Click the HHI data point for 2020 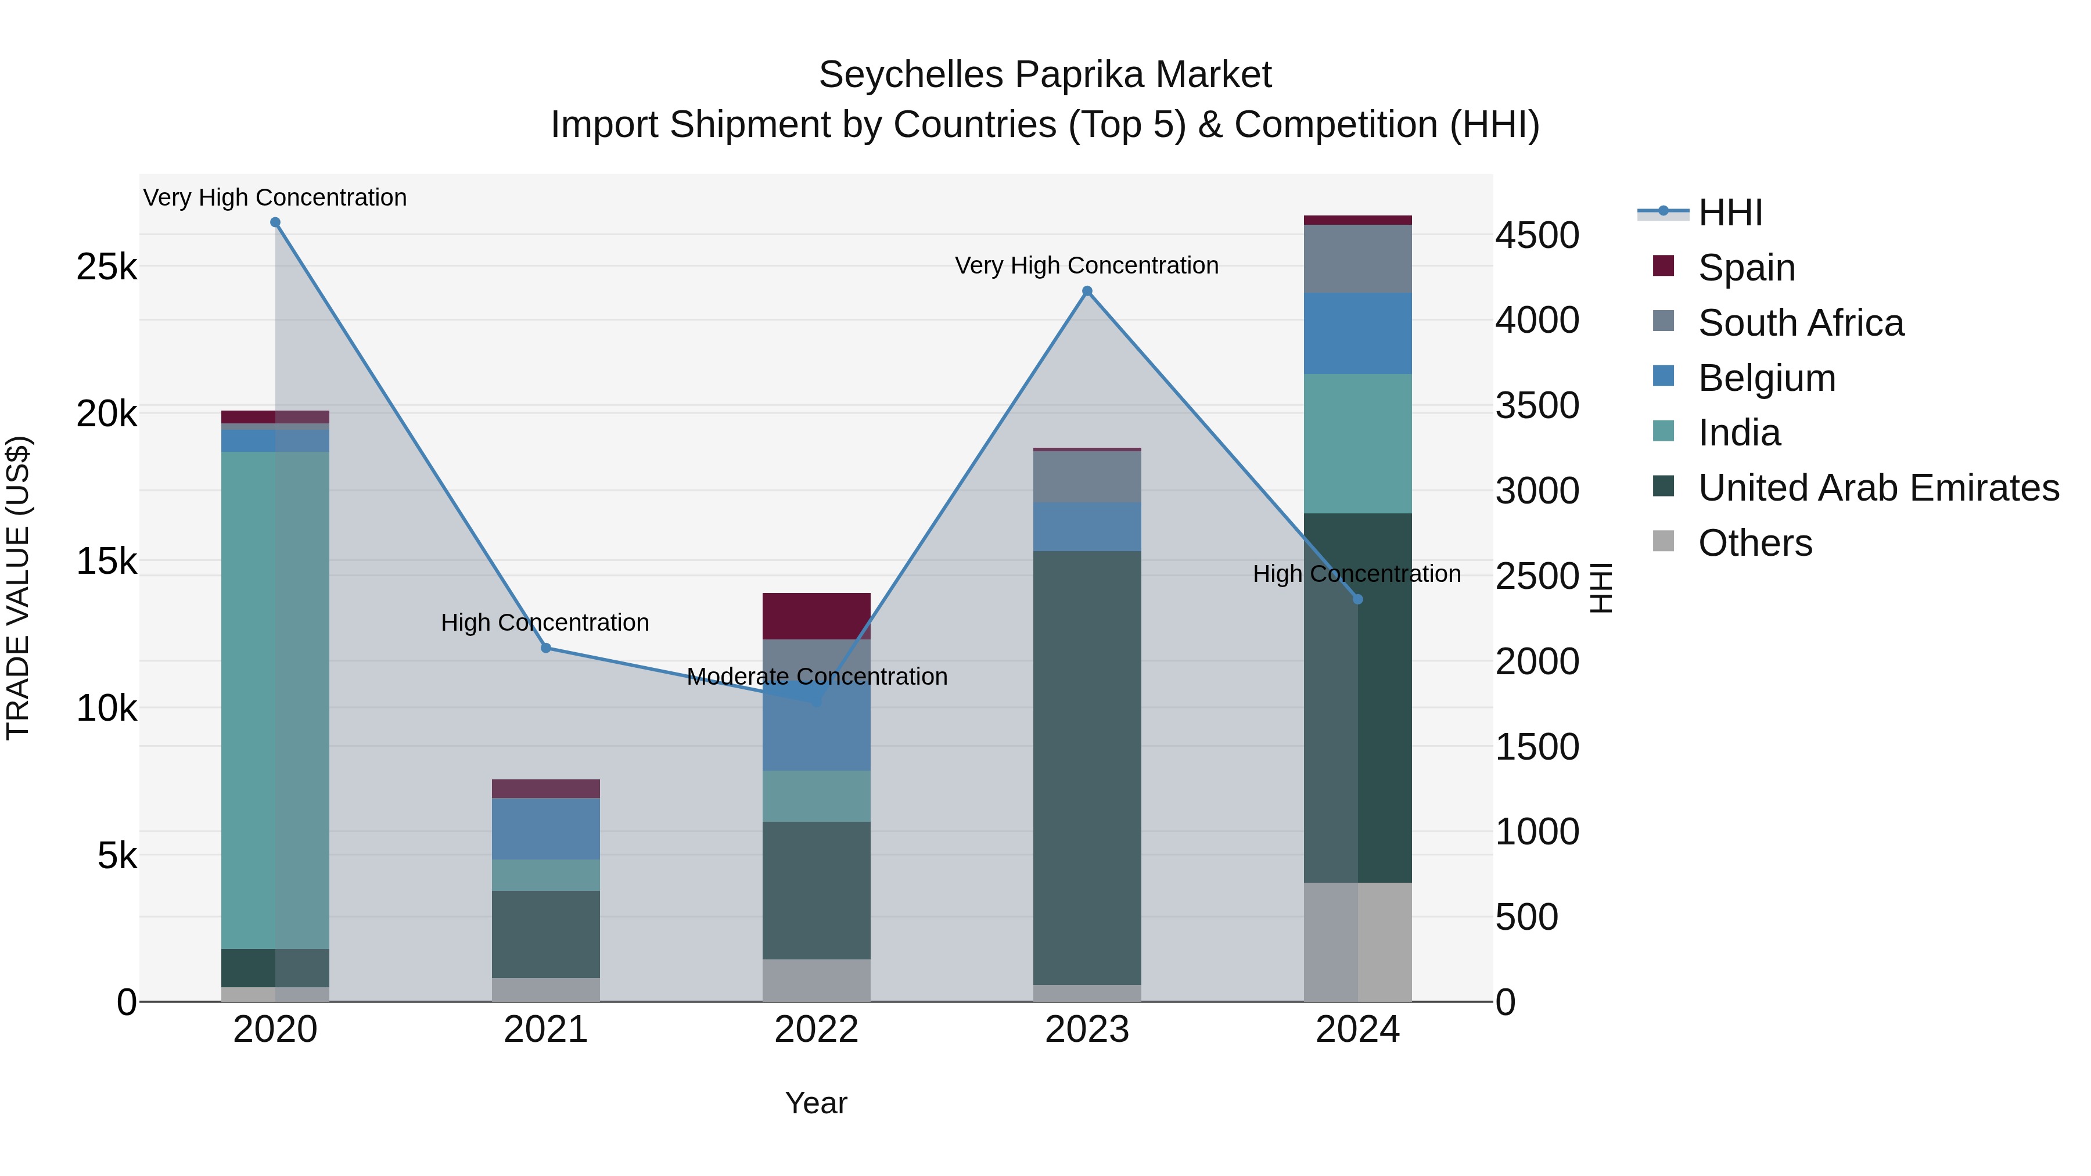[275, 222]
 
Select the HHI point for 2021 [545, 648]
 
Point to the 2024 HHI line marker [1358, 599]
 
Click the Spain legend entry [1746, 268]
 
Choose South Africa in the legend [1801, 323]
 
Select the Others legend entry [1755, 543]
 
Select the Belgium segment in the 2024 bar [1358, 333]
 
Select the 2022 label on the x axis [817, 1030]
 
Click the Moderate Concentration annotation [817, 676]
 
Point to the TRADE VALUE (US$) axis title [18, 588]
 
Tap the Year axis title [817, 1103]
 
